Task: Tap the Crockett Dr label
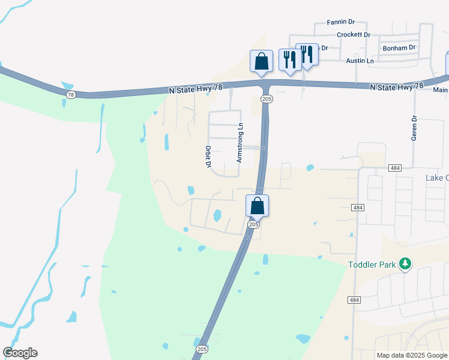(x=354, y=35)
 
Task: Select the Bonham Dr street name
(x=399, y=47)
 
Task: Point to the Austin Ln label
(x=360, y=61)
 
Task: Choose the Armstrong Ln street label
(x=240, y=143)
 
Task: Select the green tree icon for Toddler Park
(x=406, y=263)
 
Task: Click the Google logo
(x=20, y=353)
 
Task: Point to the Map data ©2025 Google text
(x=412, y=355)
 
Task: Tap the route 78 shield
(x=71, y=95)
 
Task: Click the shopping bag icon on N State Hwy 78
(x=261, y=61)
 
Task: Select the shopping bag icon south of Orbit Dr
(x=257, y=205)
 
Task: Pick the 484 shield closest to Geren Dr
(x=394, y=168)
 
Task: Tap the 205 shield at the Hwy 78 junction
(x=265, y=98)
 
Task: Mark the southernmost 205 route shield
(x=201, y=348)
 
